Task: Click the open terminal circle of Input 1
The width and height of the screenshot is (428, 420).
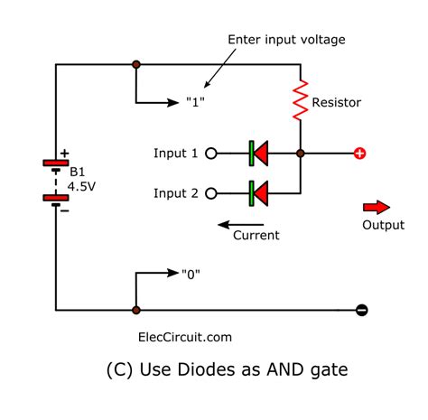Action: coord(211,154)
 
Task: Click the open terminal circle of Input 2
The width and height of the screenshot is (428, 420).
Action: coord(211,192)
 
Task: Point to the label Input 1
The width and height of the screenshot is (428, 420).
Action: coord(175,154)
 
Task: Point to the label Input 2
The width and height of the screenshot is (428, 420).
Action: coord(175,192)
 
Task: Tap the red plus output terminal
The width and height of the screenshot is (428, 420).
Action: coord(358,154)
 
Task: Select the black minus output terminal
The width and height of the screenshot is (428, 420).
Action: coord(362,310)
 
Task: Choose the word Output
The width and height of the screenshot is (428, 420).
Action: coord(383,225)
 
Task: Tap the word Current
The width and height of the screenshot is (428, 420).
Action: coord(256,235)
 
